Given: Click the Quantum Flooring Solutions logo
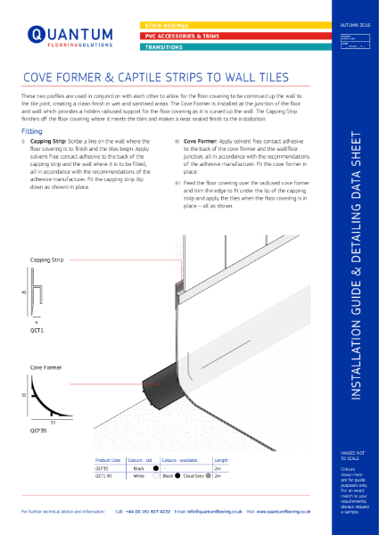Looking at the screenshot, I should pyautogui.click(x=62, y=37).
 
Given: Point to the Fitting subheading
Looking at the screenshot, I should pyautogui.click(x=32, y=130).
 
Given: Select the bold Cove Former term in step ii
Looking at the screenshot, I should pyautogui.click(x=202, y=141).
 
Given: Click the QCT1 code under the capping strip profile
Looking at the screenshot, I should pyautogui.click(x=37, y=329).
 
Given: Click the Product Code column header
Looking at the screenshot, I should pyautogui.click(x=107, y=460).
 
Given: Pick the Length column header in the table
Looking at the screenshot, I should pyautogui.click(x=221, y=460).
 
